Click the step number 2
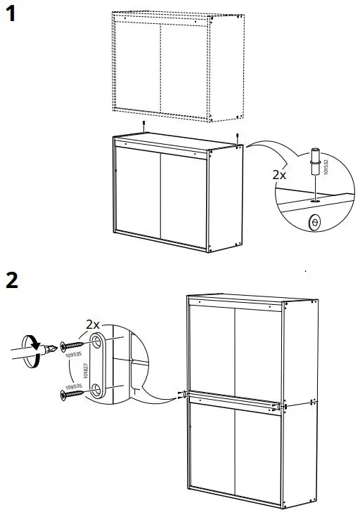pos(12,280)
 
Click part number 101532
pos(326,166)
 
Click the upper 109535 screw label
pos(70,355)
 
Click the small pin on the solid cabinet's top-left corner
pos(143,126)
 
